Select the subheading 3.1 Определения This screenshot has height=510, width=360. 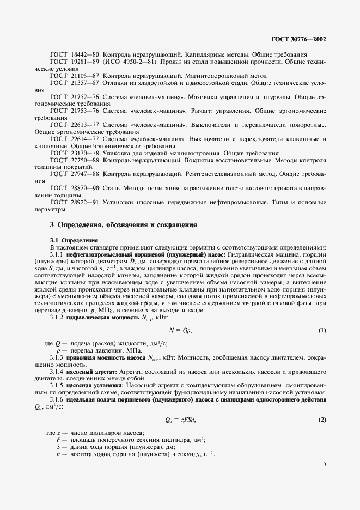click(74, 240)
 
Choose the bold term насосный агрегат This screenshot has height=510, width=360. click(88, 371)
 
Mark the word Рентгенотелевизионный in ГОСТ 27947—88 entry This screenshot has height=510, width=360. click(213, 174)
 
